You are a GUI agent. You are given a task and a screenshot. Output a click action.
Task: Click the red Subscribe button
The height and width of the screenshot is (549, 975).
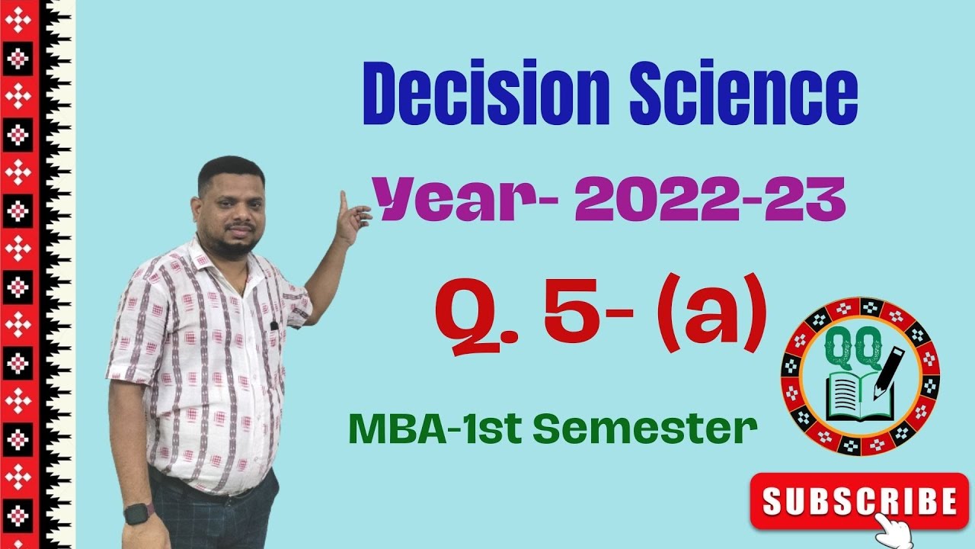coord(859,500)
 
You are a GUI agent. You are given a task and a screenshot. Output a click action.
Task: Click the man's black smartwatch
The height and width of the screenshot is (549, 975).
coord(139,513)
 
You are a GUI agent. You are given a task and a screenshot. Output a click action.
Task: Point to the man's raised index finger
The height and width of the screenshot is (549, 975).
coord(344,202)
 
